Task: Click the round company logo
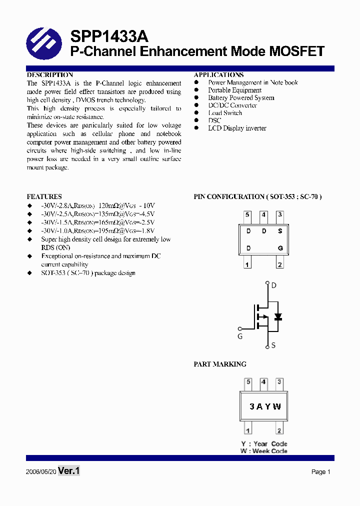[43, 43]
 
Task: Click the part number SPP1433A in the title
[109, 36]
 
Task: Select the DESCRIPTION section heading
[50, 75]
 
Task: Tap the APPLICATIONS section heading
[218, 75]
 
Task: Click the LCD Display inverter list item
[237, 128]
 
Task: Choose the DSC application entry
[214, 120]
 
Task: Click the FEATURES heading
[44, 197]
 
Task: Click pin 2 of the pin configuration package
[279, 264]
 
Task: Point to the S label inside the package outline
[280, 231]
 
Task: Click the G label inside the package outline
[280, 248]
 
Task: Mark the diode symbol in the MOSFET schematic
[278, 317]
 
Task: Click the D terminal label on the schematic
[273, 286]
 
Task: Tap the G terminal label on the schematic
[240, 336]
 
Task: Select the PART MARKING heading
[220, 364]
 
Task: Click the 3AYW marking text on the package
[265, 406]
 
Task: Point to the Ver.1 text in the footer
[69, 471]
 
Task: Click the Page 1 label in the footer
[320, 472]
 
